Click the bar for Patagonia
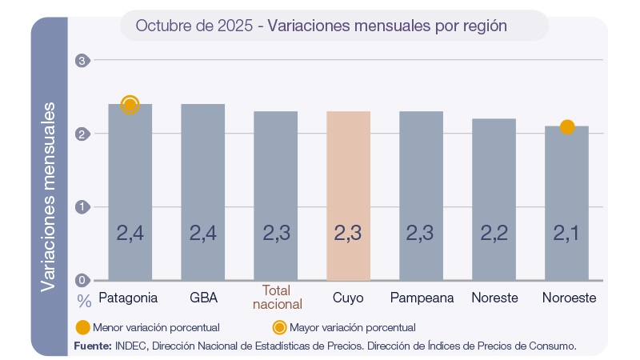coord(130,192)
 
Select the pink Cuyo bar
coord(348,196)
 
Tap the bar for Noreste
coord(494,199)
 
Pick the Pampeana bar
coord(421,196)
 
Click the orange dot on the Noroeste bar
coord(567,126)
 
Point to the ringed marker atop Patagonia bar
coord(130,104)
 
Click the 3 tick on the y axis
coord(81,60)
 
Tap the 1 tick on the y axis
coord(81,207)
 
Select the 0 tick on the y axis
coord(81,280)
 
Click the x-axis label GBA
coord(202,298)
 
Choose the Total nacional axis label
coord(277,297)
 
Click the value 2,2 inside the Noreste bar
coord(494,234)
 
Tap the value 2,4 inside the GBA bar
coord(202,234)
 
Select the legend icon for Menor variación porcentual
coord(82,327)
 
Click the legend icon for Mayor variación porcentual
coord(279,327)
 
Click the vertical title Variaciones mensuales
coord(49,195)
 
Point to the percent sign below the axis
coord(84,301)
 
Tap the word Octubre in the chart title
coord(161,26)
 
